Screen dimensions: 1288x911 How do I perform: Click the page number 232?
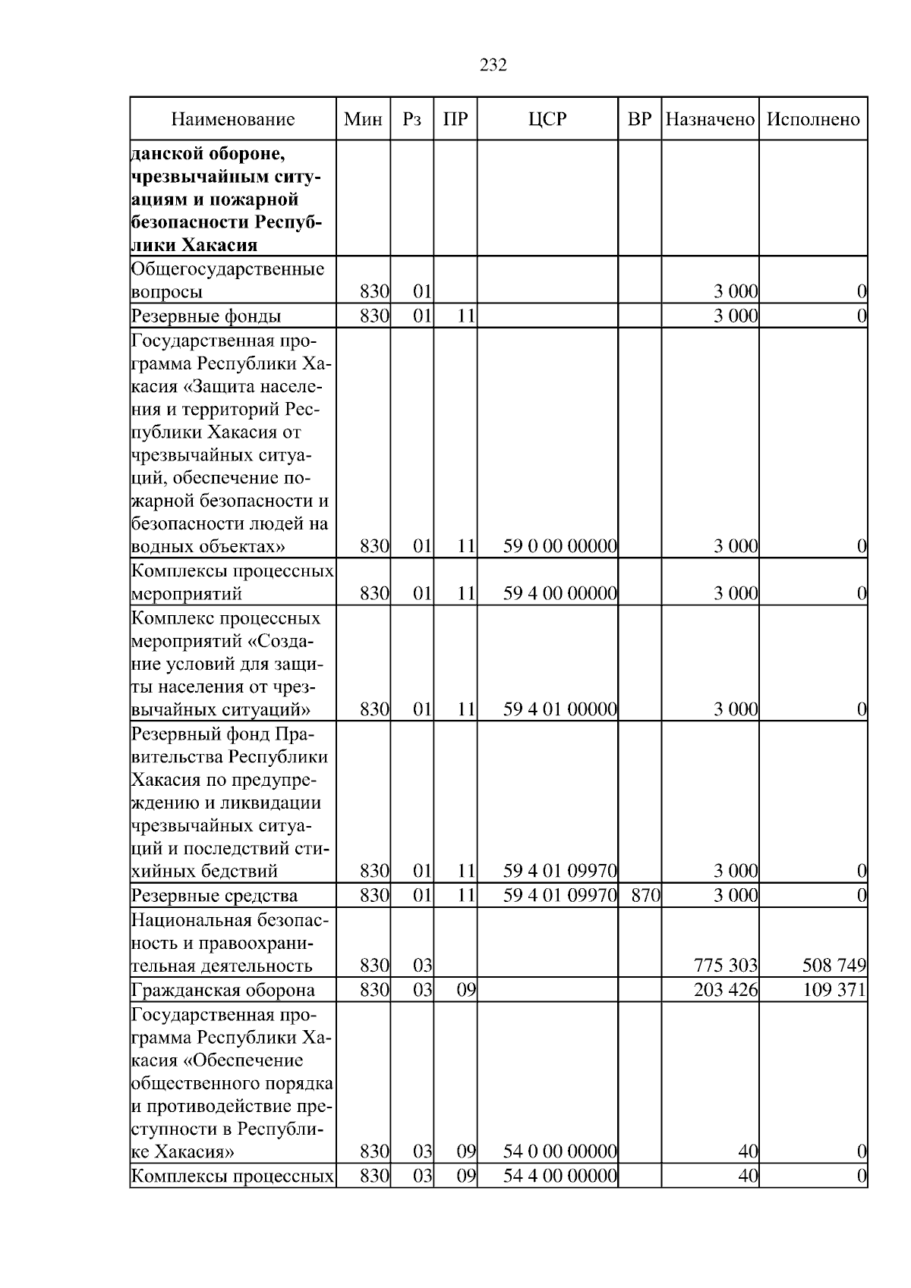coord(493,65)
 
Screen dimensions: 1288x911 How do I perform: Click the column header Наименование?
coord(232,119)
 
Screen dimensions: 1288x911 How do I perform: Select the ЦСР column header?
coord(547,119)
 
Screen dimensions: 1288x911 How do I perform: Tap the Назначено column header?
coord(710,119)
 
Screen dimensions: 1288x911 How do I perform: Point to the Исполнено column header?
coord(813,119)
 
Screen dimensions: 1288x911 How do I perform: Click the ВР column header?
coord(639,119)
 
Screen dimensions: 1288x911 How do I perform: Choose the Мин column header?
coord(363,119)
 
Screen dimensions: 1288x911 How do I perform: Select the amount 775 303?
coord(726,966)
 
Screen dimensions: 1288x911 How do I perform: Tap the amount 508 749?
coord(834,966)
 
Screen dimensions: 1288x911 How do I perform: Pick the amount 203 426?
coord(726,990)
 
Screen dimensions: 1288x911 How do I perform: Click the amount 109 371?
coord(834,990)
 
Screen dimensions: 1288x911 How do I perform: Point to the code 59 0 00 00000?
coord(560,546)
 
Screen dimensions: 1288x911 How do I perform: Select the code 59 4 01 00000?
coord(560,709)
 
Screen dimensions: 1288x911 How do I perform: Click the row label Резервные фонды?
coord(206,316)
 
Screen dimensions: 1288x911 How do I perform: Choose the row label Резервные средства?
coord(215,896)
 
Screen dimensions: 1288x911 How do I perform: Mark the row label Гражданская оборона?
coord(223,990)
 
